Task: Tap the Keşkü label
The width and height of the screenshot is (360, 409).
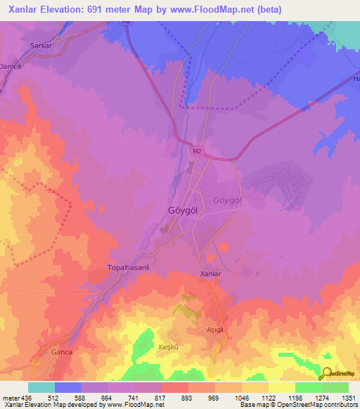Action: [x=170, y=346]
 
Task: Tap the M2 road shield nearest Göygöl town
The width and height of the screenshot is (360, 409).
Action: [x=198, y=150]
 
